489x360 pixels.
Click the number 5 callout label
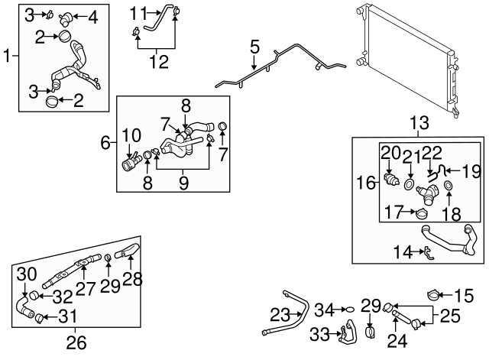coord(254,47)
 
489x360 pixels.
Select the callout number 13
coord(419,123)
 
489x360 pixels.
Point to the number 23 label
coord(280,313)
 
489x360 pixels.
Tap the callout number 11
coord(137,12)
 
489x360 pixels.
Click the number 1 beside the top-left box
coord(8,55)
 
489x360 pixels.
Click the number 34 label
coord(325,310)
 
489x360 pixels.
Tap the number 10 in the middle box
coord(131,136)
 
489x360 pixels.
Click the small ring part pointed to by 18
coord(448,186)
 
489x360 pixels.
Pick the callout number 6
coord(106,142)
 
